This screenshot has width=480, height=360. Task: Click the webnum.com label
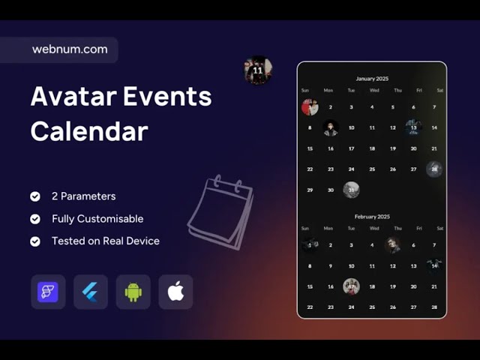pos(70,49)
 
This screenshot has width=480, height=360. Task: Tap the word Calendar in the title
pos(88,131)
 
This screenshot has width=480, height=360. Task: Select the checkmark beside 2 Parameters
pos(35,196)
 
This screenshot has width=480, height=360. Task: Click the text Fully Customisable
pos(97,219)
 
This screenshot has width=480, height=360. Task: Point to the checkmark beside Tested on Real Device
pos(35,241)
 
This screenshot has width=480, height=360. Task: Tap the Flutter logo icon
pos(91,292)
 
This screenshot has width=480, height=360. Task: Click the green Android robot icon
pos(133,292)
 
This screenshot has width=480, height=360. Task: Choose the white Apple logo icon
pos(175,292)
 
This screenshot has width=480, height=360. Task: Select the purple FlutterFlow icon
pos(48,292)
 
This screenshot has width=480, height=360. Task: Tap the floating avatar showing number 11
pos(258,70)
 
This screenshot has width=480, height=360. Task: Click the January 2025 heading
pos(372,79)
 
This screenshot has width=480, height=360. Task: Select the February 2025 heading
pos(372,217)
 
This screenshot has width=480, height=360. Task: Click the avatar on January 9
pos(331,128)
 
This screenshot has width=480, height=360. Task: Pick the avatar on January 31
pos(351,190)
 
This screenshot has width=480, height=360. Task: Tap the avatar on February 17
pos(351,286)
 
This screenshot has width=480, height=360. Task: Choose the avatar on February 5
pos(392,245)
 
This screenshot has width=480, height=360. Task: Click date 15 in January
pos(310,148)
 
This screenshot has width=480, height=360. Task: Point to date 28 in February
pos(434,307)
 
